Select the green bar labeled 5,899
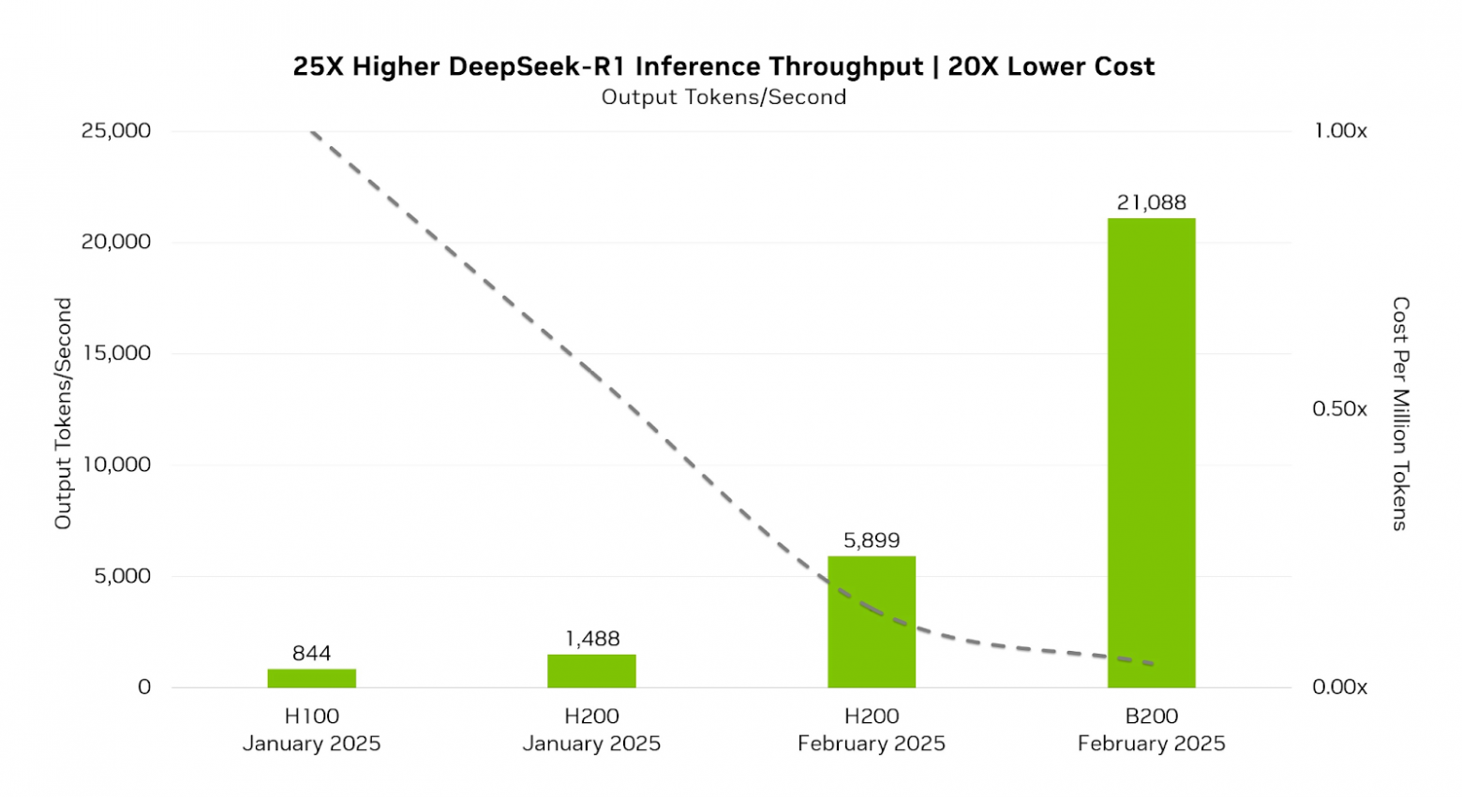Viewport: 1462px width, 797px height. click(x=871, y=622)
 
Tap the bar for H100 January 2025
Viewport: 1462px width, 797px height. click(x=311, y=678)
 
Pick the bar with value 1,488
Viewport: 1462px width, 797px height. click(x=591, y=671)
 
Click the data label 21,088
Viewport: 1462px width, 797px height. click(x=1151, y=202)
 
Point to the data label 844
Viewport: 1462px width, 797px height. click(x=311, y=654)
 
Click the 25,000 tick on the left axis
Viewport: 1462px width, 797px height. click(x=116, y=131)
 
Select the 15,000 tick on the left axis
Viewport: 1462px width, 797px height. click(x=116, y=353)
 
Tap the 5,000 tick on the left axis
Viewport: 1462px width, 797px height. click(x=122, y=576)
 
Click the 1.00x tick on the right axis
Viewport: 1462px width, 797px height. click(x=1339, y=131)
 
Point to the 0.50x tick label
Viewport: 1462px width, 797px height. click(x=1339, y=409)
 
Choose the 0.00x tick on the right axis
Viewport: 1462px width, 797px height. click(x=1339, y=687)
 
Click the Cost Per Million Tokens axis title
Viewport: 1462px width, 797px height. click(x=1400, y=413)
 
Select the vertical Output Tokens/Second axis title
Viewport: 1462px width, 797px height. click(x=63, y=413)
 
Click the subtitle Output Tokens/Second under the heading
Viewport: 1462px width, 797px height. click(x=724, y=97)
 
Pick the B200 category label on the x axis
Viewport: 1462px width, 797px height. click(x=1151, y=716)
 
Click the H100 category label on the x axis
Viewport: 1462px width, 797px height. click(x=311, y=716)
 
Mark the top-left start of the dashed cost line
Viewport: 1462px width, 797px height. click(x=312, y=132)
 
